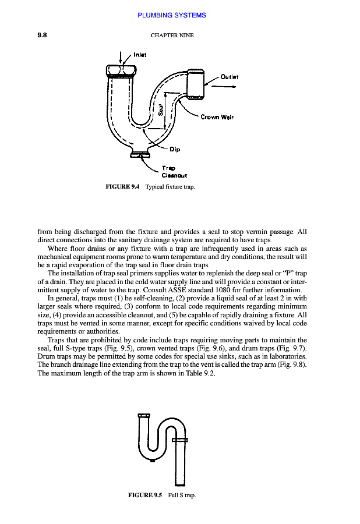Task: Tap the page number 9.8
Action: coord(42,35)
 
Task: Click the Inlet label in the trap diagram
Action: coord(140,55)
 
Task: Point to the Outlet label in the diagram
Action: coord(230,76)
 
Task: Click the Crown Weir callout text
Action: coord(217,117)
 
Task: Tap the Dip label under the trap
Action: coord(175,149)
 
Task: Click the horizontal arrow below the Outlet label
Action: coord(224,87)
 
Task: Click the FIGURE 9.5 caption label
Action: coord(144,495)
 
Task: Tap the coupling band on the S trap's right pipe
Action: coord(179,438)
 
